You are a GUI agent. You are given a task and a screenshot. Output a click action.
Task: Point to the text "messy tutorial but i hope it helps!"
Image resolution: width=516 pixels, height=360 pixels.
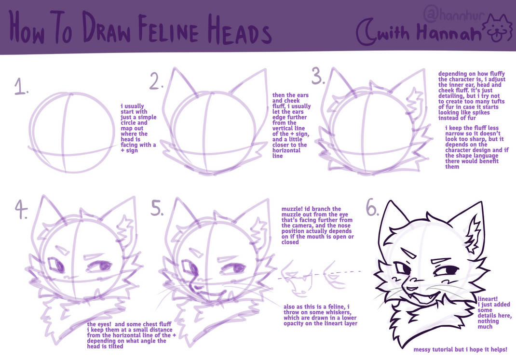pos(460,349)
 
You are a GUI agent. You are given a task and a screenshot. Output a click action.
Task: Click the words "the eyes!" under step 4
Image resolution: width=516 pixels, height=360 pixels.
pos(100,324)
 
